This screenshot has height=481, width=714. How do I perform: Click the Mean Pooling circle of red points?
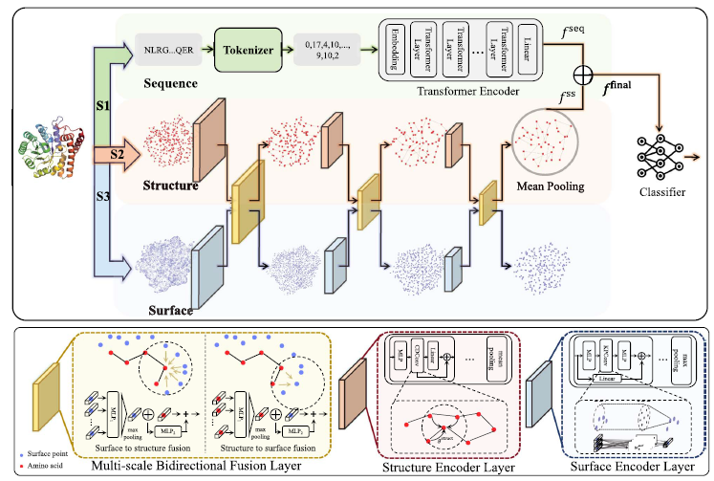point(544,142)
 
